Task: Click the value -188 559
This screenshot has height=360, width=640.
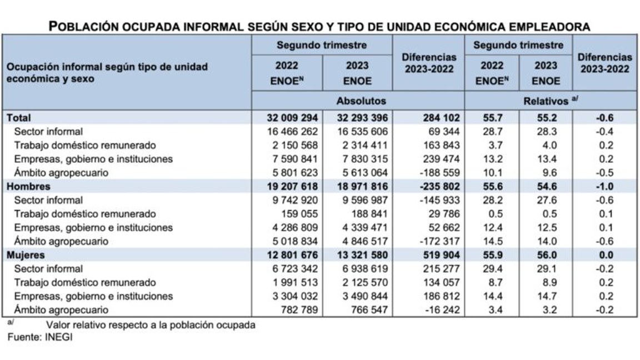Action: tap(437, 173)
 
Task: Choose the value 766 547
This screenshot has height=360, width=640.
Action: tap(369, 310)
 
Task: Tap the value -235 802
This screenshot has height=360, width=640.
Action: tap(437, 187)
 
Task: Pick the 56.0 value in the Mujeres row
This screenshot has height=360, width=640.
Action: tap(546, 256)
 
